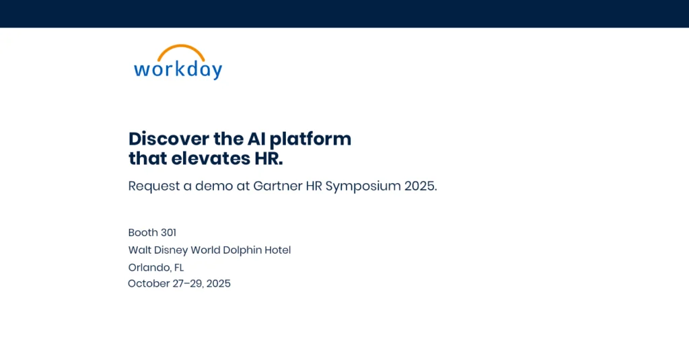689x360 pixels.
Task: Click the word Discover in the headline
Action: (169, 139)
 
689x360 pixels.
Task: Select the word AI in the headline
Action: (256, 139)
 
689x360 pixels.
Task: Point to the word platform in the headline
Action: (310, 139)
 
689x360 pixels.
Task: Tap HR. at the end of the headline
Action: (269, 159)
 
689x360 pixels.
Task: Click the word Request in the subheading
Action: (154, 186)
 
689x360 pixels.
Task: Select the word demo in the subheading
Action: (214, 186)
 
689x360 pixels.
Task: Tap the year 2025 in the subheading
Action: (421, 186)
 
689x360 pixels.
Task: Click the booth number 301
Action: (168, 233)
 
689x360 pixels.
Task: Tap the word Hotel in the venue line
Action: (278, 250)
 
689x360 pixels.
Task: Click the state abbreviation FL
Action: (179, 268)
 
